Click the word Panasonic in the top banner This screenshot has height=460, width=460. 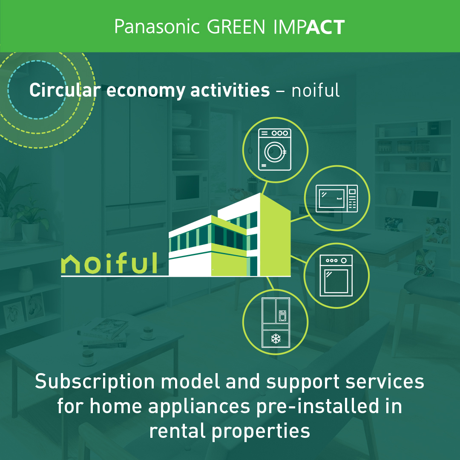pos(157,27)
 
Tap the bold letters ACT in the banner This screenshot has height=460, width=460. pos(325,27)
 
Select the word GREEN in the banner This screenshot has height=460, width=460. pos(236,27)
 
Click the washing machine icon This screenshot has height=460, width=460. pos(275,149)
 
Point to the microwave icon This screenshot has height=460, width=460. pos(336,198)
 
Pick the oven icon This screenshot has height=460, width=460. pos(336,276)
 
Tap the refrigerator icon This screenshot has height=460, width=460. pos(276,322)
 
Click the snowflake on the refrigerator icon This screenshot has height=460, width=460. pos(276,339)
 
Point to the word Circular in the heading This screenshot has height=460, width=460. pos(65,90)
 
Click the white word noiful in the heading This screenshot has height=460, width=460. pos(316,90)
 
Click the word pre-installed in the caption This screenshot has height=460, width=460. pos(318,407)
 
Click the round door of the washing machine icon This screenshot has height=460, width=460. pos(275,152)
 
